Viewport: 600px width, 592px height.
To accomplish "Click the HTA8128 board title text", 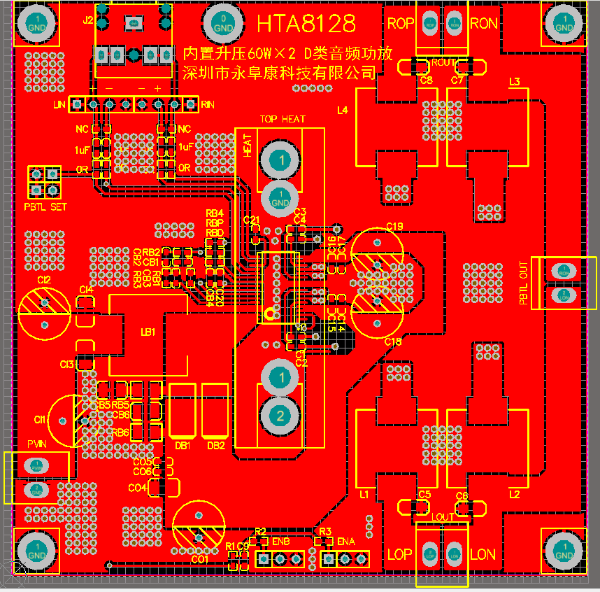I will tap(306, 24).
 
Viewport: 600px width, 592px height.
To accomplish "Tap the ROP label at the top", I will tap(400, 24).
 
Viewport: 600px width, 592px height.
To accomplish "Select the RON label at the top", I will tap(484, 24).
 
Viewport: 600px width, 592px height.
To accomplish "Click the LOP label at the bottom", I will tap(400, 555).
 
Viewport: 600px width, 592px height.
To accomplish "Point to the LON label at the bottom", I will tap(483, 555).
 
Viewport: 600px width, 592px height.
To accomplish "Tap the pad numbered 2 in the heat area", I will tap(280, 416).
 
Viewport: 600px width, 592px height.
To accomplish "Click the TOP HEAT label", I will tap(283, 119).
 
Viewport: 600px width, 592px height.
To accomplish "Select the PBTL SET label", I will tap(45, 207).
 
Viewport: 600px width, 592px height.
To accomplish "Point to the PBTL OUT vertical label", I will tap(524, 283).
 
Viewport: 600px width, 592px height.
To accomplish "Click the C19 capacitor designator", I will tap(394, 226).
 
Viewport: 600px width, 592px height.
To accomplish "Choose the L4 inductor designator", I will tap(342, 110).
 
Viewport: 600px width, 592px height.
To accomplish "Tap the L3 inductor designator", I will tap(514, 82).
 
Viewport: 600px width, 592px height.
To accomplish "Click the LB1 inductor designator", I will tap(148, 332).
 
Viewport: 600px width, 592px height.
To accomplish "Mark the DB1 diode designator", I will tap(183, 446).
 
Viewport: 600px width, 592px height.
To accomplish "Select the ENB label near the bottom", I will tap(280, 542).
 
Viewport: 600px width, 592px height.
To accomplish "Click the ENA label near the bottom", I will tap(346, 542).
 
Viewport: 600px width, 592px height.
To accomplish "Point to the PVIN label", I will tap(36, 444).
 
